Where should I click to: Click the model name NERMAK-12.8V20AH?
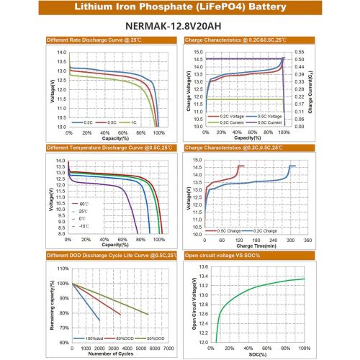179,22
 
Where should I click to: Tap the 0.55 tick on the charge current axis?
300,50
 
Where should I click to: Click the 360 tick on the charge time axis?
307,240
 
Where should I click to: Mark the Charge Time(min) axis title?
257,246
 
